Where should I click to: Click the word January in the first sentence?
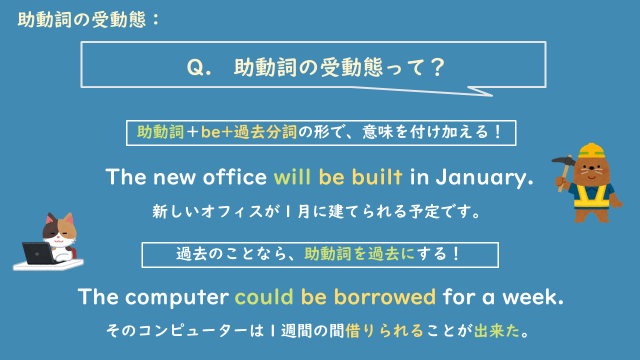tap(481, 178)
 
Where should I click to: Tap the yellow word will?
tap(292, 178)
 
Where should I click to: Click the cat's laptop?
tap(42, 253)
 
